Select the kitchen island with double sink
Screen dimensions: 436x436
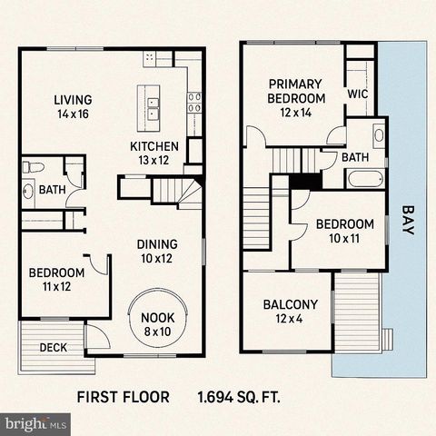click(150, 104)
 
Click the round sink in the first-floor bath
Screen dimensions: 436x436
click(28, 192)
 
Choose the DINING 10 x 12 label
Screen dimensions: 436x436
click(156, 251)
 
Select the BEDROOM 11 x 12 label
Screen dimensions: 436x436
click(56, 279)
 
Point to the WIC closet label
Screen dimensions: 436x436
click(358, 94)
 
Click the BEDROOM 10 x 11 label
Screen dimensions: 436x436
click(344, 232)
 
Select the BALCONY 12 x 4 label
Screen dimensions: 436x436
click(291, 312)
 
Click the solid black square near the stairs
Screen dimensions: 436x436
click(301, 180)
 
